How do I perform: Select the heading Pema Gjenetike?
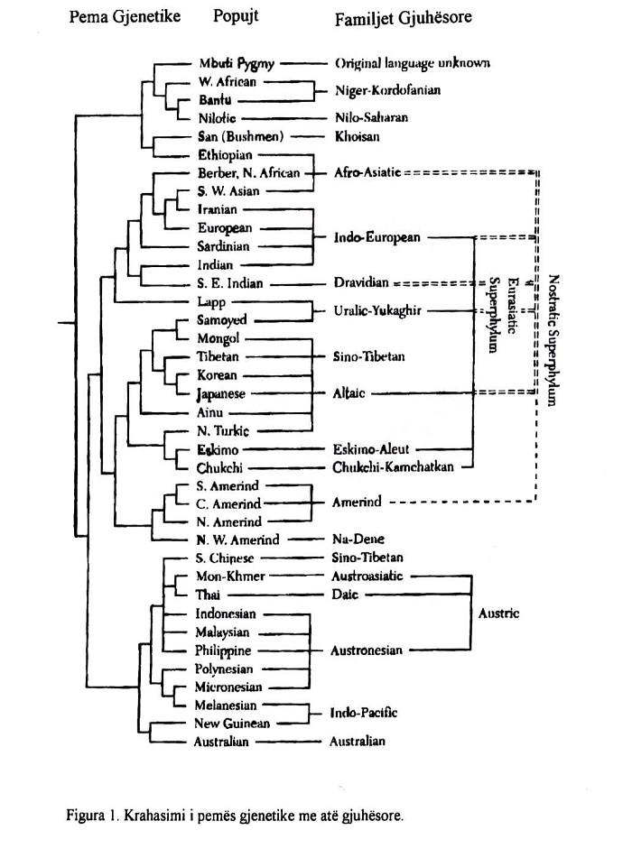coord(125,16)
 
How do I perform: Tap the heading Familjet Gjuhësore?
coord(403,17)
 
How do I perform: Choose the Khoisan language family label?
coord(357,136)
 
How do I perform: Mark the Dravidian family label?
coord(360,283)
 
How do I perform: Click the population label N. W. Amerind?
coord(237,540)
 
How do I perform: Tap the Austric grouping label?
coord(498,613)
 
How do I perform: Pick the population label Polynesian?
coord(224,669)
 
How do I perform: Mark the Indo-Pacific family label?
coord(364,713)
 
